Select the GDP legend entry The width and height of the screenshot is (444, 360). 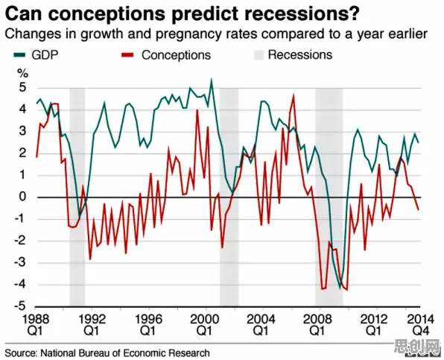tap(36, 55)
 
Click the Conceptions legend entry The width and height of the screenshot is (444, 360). tap(166, 55)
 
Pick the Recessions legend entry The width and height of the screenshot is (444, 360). tap(293, 55)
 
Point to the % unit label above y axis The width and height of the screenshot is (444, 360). tap(23, 73)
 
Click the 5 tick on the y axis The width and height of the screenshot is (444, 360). tap(22, 87)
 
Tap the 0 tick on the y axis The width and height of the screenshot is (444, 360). tap(22, 197)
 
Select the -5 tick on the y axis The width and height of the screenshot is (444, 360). tap(20, 306)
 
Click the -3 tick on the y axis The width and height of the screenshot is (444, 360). tap(20, 262)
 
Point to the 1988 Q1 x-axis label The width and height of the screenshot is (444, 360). tap(36, 324)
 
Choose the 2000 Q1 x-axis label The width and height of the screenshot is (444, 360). tap(204, 324)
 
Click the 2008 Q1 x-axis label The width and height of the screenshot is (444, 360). tap(317, 324)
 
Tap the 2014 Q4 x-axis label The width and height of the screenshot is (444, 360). tap(420, 324)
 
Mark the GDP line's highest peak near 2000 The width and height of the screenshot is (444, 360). tap(212, 79)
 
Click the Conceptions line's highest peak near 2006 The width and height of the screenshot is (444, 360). tap(294, 95)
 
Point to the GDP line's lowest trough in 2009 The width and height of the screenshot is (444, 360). tap(340, 288)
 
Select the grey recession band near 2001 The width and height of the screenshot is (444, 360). tap(229, 198)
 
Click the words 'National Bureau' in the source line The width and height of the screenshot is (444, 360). tap(75, 353)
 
